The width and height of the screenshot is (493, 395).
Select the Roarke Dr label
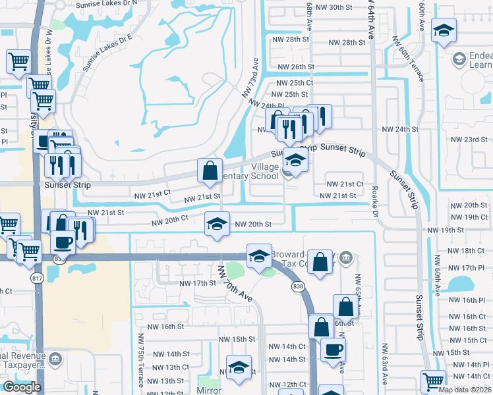coord(375,205)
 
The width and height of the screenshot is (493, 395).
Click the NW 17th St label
coord(198,283)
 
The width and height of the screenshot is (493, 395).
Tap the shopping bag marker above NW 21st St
coord(210,171)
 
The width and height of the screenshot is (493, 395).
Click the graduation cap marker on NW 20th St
coord(217,224)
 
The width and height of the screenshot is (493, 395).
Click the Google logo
coord(22,386)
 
